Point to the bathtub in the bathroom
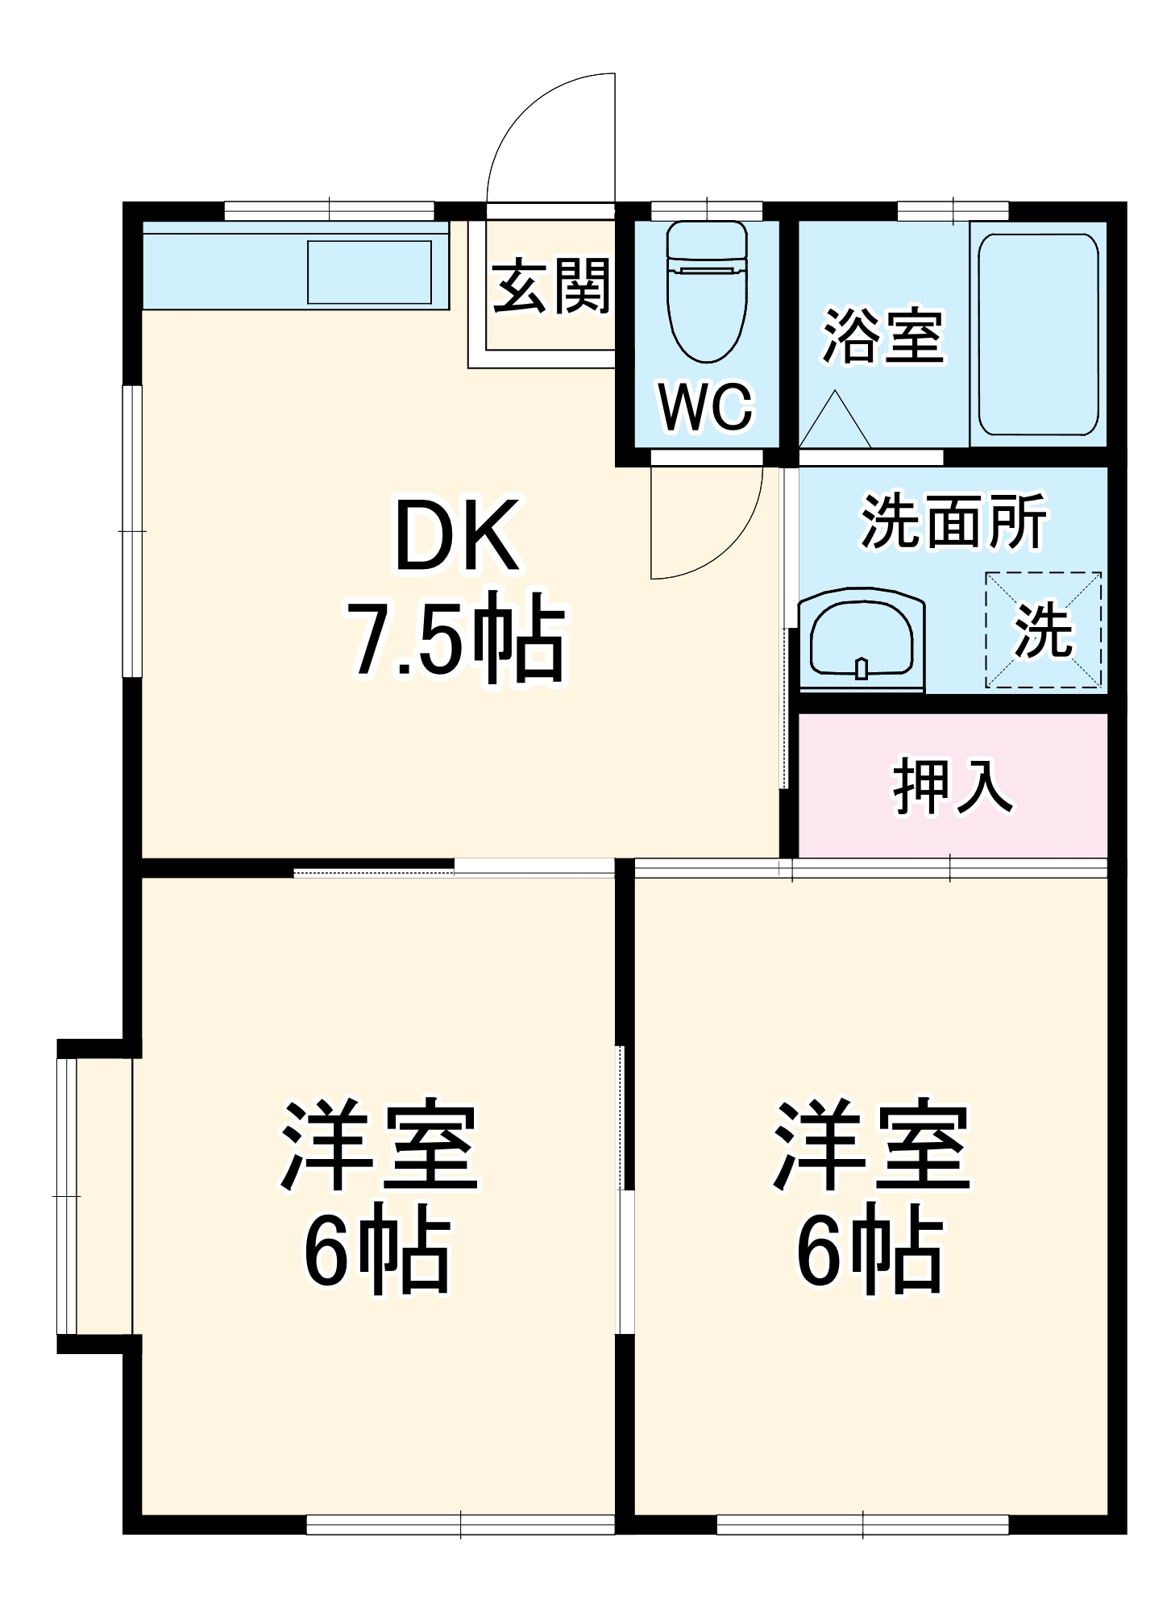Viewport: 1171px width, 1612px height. [1038, 334]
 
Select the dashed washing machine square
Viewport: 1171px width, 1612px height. [1044, 630]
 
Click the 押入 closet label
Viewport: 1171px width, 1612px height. [952, 785]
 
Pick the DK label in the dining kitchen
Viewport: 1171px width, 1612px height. [457, 536]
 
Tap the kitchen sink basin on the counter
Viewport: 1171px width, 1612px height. [369, 272]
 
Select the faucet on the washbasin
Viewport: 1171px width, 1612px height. [861, 668]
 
